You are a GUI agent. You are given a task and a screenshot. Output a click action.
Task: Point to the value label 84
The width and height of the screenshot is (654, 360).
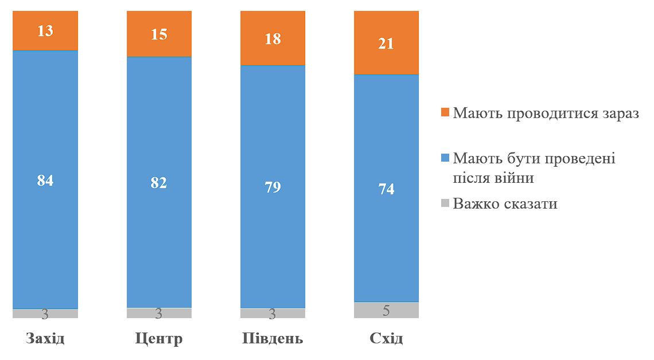click(x=45, y=181)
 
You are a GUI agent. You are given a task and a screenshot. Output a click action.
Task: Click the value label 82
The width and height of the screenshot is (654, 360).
click(x=159, y=183)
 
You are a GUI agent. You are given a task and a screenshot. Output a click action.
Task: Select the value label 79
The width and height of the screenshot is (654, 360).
click(x=272, y=187)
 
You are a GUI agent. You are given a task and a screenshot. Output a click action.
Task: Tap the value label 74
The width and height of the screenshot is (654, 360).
click(x=386, y=189)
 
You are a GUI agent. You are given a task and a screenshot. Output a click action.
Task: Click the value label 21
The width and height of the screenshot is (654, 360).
click(x=386, y=43)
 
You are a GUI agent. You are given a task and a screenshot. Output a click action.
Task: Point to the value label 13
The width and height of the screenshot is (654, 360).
click(x=45, y=31)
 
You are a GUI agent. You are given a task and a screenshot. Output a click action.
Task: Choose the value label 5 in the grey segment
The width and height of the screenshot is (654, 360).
click(x=386, y=311)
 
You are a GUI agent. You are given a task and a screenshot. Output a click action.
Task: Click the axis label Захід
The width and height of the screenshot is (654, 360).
click(x=45, y=338)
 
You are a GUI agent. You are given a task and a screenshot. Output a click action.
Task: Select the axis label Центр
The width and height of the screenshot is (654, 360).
click(x=159, y=338)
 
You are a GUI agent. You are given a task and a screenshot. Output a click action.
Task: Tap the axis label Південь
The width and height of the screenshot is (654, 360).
click(x=272, y=338)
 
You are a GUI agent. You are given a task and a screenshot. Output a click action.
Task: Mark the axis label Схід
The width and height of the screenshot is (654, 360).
click(x=386, y=338)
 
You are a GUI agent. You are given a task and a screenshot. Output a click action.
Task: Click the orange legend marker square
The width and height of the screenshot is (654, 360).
click(x=445, y=113)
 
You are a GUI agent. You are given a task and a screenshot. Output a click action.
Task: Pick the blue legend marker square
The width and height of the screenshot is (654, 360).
click(x=445, y=158)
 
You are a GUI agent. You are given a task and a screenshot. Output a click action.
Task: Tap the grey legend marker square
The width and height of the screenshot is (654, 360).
click(x=445, y=204)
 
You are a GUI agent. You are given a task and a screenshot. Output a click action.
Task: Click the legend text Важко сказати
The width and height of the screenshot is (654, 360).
click(x=505, y=204)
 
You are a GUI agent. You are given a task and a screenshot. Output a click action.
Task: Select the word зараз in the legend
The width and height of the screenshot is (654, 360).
click(x=617, y=113)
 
